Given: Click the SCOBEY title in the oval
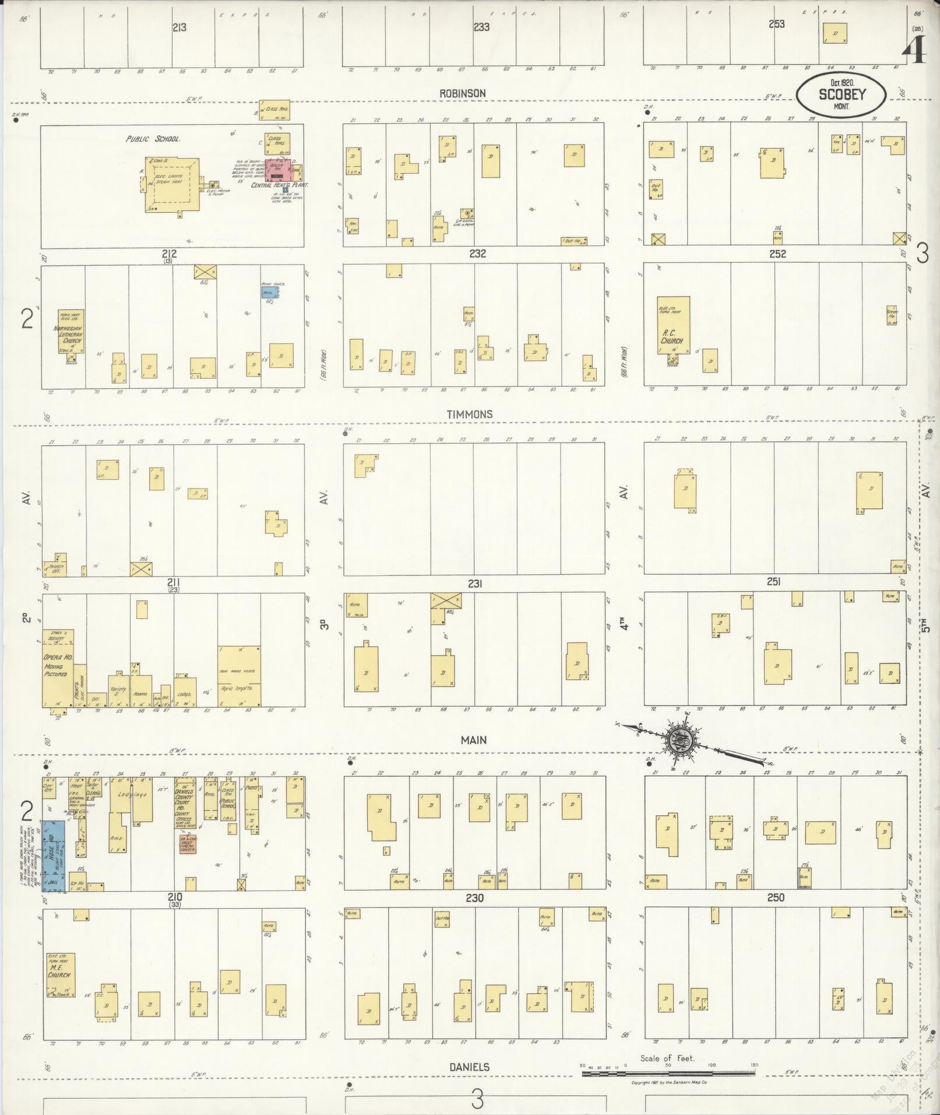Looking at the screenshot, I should coord(842,94).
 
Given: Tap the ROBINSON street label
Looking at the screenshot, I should coord(463,93).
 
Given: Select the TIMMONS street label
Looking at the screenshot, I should coord(469,414).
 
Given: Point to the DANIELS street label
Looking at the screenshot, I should coord(469,1067).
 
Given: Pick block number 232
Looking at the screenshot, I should coord(477,254).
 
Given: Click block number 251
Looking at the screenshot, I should coord(773,582).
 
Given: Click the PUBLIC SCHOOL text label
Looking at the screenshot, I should coord(153,139).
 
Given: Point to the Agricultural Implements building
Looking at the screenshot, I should coord(239,676).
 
